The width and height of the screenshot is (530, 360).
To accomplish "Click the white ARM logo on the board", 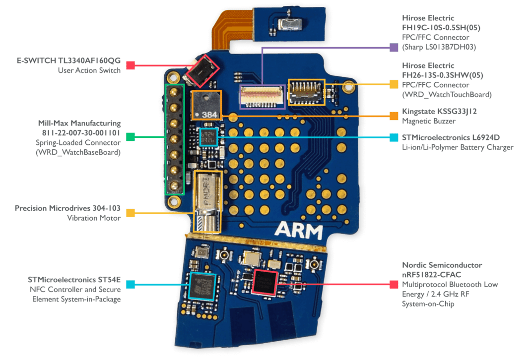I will pyautogui.click(x=298, y=231).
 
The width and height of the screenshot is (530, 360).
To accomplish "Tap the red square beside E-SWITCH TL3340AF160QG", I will pyautogui.click(x=131, y=65).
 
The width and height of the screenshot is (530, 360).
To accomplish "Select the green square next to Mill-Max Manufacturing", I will pyautogui.click(x=131, y=137).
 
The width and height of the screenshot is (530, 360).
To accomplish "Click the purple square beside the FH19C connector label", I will pyautogui.click(x=394, y=48).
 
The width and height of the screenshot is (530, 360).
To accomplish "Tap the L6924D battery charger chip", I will pyautogui.click(x=208, y=137).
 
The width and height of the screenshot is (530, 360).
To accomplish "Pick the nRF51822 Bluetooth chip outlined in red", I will pyautogui.click(x=265, y=282).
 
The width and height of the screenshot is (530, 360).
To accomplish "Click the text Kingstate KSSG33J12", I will pyautogui.click(x=439, y=112).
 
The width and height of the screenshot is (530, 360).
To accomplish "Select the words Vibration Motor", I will pyautogui.click(x=94, y=218).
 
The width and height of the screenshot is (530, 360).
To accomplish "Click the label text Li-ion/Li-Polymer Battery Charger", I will pyautogui.click(x=458, y=147).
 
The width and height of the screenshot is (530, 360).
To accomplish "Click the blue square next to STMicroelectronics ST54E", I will pyautogui.click(x=131, y=285).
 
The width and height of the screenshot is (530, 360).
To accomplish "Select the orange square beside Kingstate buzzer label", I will pyautogui.click(x=394, y=116).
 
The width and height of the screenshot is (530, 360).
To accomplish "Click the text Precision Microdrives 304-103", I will pyautogui.click(x=67, y=208).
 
